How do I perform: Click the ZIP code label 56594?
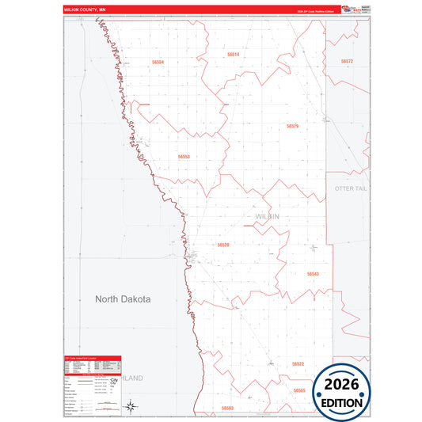(x=158, y=61)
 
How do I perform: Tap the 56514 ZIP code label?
(x=233, y=54)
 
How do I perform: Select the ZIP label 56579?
(x=292, y=126)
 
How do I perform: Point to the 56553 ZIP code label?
(x=184, y=157)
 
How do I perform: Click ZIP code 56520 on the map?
(x=223, y=245)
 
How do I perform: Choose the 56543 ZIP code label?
(x=313, y=274)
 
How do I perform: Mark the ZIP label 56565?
(x=298, y=390)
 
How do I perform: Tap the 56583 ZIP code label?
(x=228, y=408)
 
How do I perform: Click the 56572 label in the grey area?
(x=347, y=61)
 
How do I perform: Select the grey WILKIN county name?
(x=268, y=216)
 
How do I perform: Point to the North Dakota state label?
(x=123, y=299)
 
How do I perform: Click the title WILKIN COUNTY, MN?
(x=85, y=10)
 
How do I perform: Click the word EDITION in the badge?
(x=342, y=401)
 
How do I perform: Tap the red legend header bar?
(x=92, y=358)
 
